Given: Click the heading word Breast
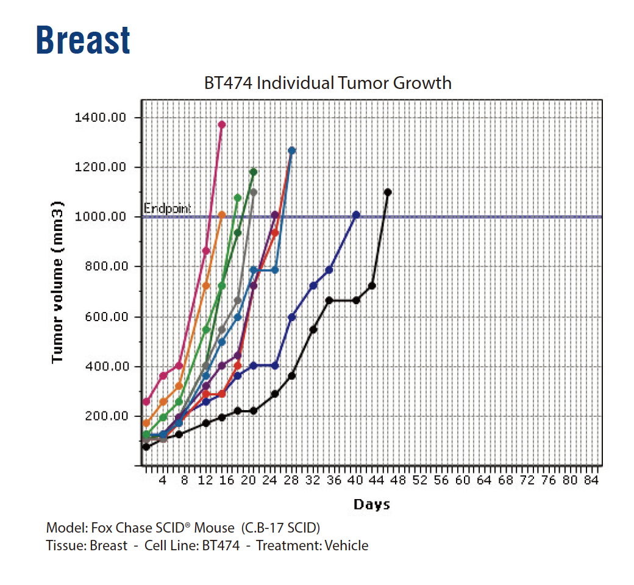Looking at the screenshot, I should pyautogui.click(x=83, y=40).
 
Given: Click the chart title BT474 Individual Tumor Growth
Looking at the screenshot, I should pyautogui.click(x=328, y=83).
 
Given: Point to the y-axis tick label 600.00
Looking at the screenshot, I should pyautogui.click(x=102, y=317).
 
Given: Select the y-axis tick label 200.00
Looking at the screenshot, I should pyautogui.click(x=102, y=416).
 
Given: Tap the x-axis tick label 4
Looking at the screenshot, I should pyautogui.click(x=163, y=480).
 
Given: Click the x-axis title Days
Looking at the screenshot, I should pyautogui.click(x=371, y=505).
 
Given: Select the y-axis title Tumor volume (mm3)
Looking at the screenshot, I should pyautogui.click(x=58, y=282).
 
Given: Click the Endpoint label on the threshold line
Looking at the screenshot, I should pyautogui.click(x=168, y=209).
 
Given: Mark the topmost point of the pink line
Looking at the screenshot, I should pyautogui.click(x=222, y=124).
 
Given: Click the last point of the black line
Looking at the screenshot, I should pyautogui.click(x=388, y=192).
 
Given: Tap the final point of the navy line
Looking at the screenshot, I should pyautogui.click(x=356, y=214).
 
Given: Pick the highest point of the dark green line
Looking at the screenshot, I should pyautogui.click(x=254, y=172).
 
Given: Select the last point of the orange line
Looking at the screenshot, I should pyautogui.click(x=222, y=214).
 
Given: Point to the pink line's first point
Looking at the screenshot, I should pyautogui.click(x=146, y=402).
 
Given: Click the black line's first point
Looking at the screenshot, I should pyautogui.click(x=146, y=447).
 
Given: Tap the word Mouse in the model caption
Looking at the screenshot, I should pyautogui.click(x=214, y=527).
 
